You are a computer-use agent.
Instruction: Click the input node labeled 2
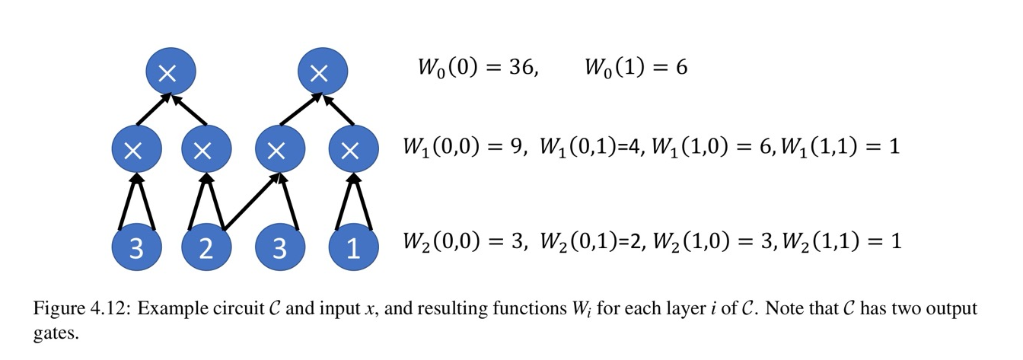[x=206, y=249]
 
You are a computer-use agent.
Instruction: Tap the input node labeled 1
[x=353, y=249]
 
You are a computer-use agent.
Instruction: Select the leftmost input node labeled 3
[x=135, y=249]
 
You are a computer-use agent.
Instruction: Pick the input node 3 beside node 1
[x=279, y=249]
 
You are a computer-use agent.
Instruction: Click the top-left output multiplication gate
[x=170, y=72]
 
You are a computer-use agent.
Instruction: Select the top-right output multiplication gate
[x=322, y=72]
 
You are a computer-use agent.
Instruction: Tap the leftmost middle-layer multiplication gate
[x=135, y=150]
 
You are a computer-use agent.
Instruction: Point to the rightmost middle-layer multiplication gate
[x=352, y=150]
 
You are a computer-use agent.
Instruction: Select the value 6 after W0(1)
[x=681, y=68]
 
